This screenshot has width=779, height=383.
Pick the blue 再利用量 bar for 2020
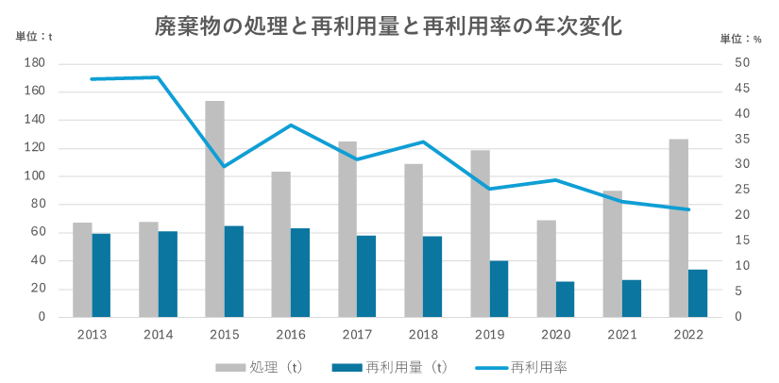(565, 299)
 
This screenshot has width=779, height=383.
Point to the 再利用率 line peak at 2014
(158, 77)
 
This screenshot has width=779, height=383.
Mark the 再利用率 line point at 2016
(291, 125)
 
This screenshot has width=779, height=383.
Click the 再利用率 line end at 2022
(688, 209)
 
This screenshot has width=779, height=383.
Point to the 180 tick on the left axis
(34, 63)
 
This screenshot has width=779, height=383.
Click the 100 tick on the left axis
(34, 176)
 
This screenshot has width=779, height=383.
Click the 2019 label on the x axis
(489, 335)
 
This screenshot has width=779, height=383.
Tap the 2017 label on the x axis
(357, 335)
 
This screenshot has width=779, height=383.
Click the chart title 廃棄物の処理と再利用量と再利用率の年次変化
(388, 26)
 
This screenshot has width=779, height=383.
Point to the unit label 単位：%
(740, 38)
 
